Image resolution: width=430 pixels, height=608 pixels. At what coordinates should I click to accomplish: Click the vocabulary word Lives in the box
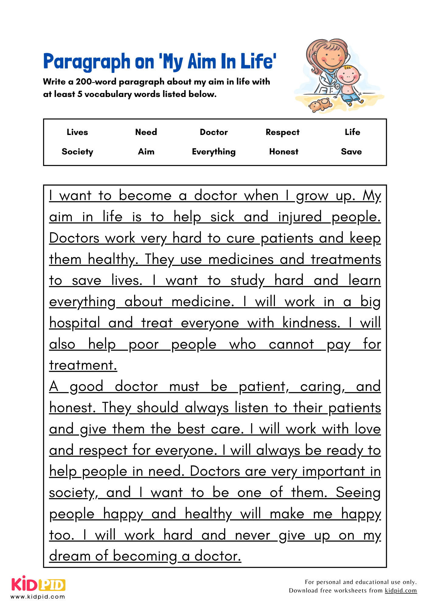pyautogui.click(x=77, y=132)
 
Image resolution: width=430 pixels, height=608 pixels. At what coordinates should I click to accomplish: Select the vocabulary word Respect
pyautogui.click(x=283, y=132)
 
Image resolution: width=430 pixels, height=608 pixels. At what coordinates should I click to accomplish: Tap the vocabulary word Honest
pyautogui.click(x=284, y=152)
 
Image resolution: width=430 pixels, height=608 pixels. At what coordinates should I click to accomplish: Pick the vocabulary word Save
pyautogui.click(x=351, y=152)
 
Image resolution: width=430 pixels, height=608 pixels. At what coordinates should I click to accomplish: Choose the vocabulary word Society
pyautogui.click(x=77, y=152)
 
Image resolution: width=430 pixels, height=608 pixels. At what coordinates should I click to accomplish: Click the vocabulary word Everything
pyautogui.click(x=214, y=152)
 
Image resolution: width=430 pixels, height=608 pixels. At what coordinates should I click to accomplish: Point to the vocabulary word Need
pyautogui.click(x=146, y=132)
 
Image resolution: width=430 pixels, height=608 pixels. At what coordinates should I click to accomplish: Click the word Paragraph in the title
pyautogui.click(x=87, y=62)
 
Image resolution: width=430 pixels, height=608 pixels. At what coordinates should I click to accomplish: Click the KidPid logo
pyautogui.click(x=38, y=584)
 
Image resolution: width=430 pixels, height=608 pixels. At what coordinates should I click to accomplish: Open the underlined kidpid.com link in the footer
pyautogui.click(x=401, y=591)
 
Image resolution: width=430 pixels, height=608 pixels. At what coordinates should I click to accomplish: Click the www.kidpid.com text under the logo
pyautogui.click(x=38, y=597)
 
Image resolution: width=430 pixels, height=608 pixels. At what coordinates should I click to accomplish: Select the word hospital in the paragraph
pyautogui.click(x=75, y=323)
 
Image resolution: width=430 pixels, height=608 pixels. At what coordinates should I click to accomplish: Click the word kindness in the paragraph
pyautogui.click(x=311, y=323)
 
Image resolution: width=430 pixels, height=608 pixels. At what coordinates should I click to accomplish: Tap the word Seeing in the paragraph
pyautogui.click(x=358, y=493)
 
